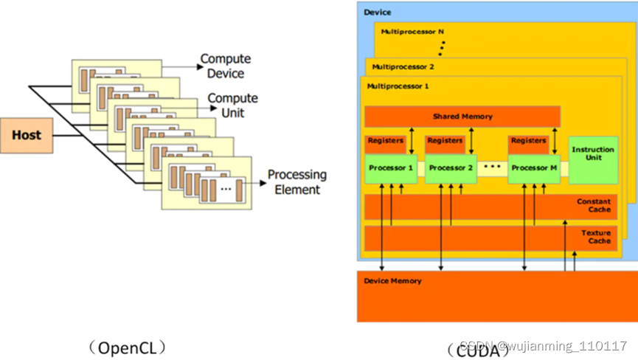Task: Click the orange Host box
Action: [27, 135]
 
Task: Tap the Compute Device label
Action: [226, 66]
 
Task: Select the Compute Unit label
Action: [232, 105]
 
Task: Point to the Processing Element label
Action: [297, 182]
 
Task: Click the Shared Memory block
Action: [462, 117]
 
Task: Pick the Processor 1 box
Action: [391, 168]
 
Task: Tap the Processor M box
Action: [530, 168]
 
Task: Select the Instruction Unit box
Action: [592, 154]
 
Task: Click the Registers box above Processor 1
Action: [385, 140]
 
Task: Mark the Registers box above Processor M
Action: [527, 140]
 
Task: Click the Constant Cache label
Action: [594, 206]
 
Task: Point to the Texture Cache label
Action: [596, 237]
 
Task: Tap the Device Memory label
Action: [393, 281]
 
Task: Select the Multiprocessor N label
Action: [412, 32]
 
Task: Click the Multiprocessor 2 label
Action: [403, 66]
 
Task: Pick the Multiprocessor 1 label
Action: [398, 86]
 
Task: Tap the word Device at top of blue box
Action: [378, 13]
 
